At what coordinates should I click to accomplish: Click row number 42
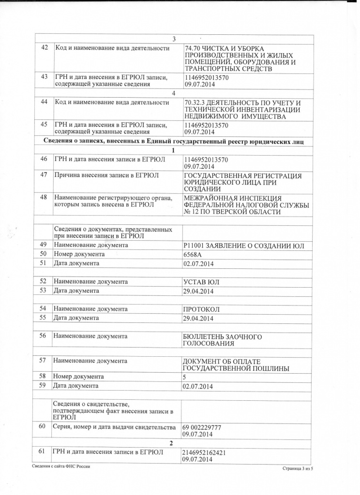click(x=44, y=48)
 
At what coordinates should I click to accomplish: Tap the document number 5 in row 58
click(x=184, y=377)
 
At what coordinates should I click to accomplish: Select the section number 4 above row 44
click(x=173, y=93)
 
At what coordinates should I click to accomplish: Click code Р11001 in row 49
click(x=195, y=246)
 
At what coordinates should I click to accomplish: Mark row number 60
click(x=42, y=427)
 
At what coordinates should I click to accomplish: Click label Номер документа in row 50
click(x=79, y=254)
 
